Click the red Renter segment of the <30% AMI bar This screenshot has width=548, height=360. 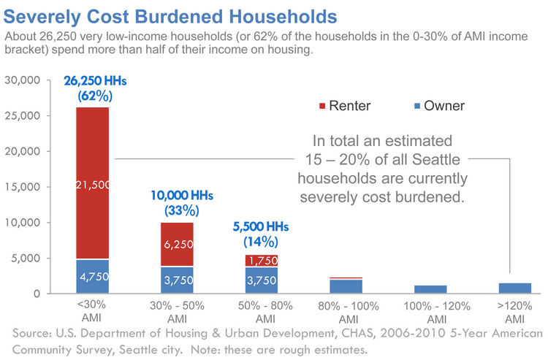(93, 146)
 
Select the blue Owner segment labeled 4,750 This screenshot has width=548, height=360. (93, 277)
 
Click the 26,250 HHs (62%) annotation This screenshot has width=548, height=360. (93, 88)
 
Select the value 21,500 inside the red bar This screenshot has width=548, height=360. (93, 185)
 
